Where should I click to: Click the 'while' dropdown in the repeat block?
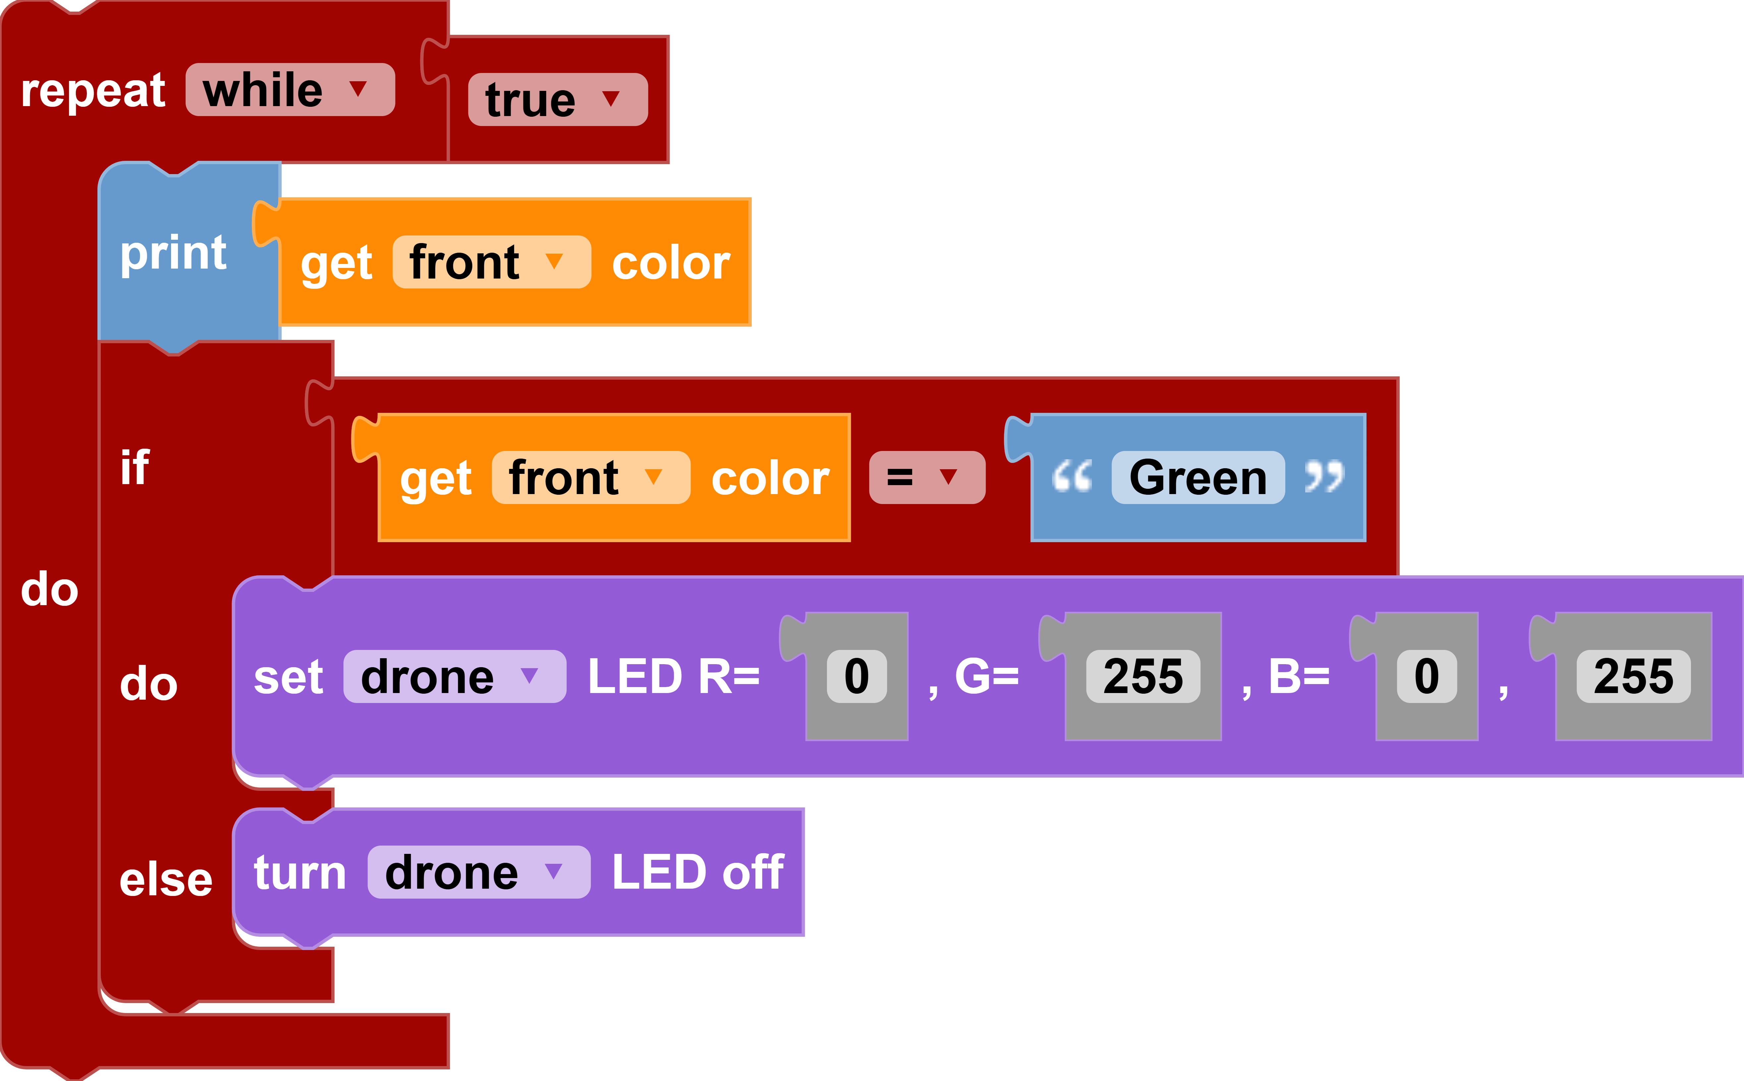(x=289, y=90)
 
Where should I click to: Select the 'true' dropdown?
(x=557, y=99)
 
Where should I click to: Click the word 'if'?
(x=134, y=468)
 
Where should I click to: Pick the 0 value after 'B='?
(x=1426, y=676)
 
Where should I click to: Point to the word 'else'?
(x=166, y=879)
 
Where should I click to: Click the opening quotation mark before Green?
(x=1072, y=476)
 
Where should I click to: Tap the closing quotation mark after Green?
(x=1324, y=476)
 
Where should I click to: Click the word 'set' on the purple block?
(x=288, y=676)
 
